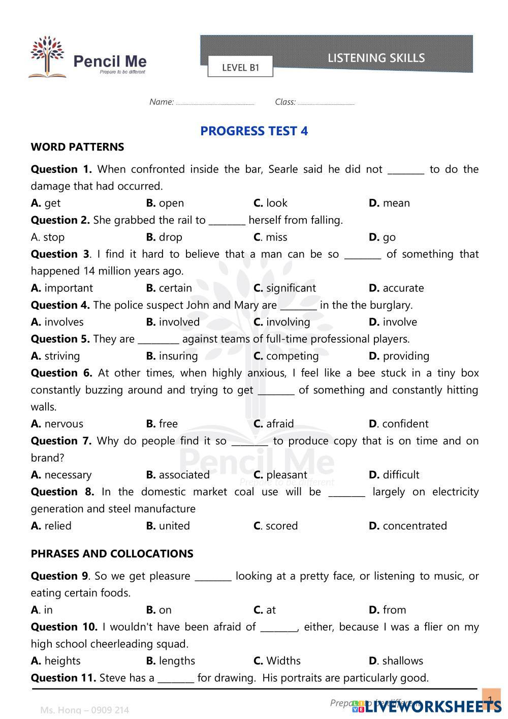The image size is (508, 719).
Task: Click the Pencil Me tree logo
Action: point(47,56)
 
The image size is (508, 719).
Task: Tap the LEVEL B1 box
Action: point(240,67)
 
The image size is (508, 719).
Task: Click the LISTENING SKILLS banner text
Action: point(376,58)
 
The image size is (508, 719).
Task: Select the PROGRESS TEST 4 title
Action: point(254,131)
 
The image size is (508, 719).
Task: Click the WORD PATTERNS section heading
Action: point(77,147)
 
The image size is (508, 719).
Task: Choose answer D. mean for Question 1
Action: point(389,203)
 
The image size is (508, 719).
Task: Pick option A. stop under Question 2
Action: point(48,237)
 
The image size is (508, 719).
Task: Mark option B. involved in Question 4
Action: point(173,322)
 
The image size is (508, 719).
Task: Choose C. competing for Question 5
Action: point(286,356)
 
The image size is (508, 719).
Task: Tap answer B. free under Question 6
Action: point(162,424)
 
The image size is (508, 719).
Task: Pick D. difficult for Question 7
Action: point(394,475)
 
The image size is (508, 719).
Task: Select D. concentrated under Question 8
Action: point(408,526)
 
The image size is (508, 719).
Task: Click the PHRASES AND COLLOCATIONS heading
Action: point(112,554)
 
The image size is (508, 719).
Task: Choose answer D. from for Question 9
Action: point(388,610)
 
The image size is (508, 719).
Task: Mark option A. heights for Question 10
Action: point(56,661)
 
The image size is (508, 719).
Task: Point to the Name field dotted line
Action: point(215,104)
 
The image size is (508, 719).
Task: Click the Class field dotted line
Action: point(326,104)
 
